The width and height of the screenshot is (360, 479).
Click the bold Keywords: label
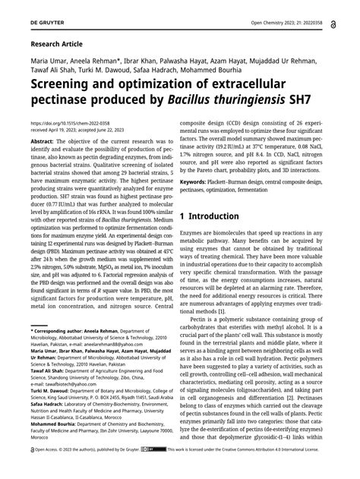[x=198, y=183]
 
